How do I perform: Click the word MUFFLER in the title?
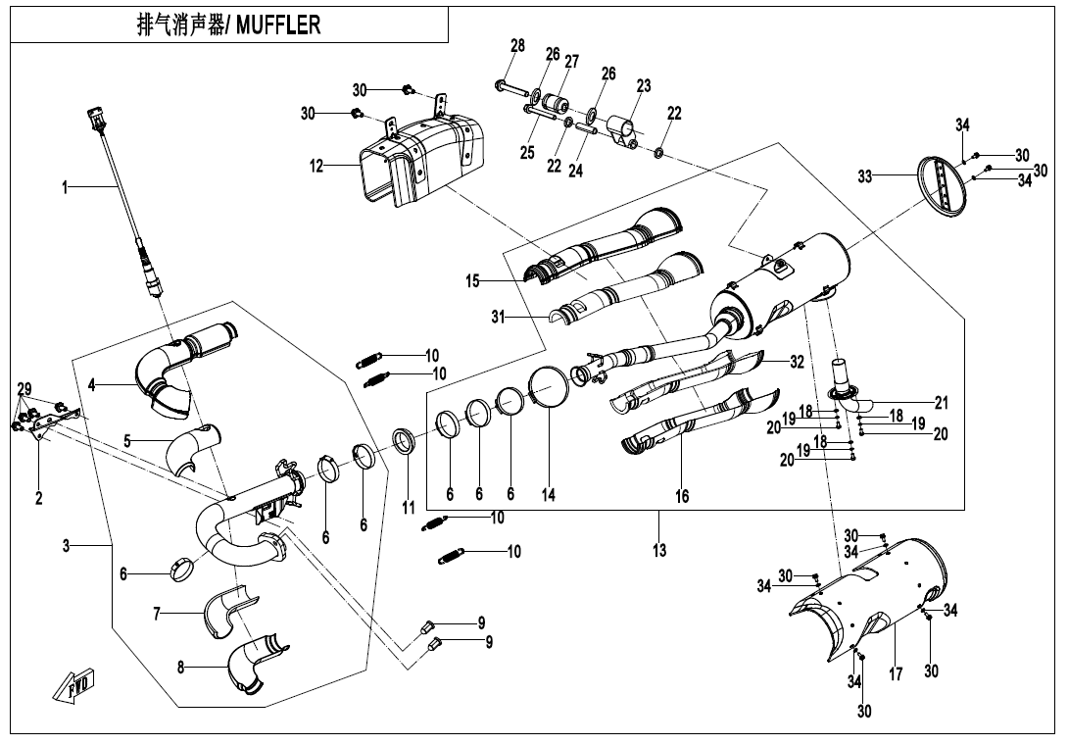pos(278,25)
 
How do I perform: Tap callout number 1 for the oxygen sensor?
pos(67,187)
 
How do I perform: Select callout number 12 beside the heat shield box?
pos(316,167)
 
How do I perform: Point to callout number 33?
pos(864,177)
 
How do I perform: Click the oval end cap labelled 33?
pos(944,185)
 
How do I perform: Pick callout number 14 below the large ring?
pos(549,496)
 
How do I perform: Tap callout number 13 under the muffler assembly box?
pos(659,551)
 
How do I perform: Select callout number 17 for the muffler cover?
pos(895,675)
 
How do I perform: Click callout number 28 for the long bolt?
pos(518,46)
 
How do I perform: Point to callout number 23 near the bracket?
pos(644,86)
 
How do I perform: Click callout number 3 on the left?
pos(67,545)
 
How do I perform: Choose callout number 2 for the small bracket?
pos(39,498)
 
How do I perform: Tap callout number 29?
pos(24,389)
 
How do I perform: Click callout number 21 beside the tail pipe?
pos(942,402)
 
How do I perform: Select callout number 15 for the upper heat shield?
pos(473,281)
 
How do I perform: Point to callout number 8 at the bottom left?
pos(181,668)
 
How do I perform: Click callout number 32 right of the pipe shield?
pos(798,362)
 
